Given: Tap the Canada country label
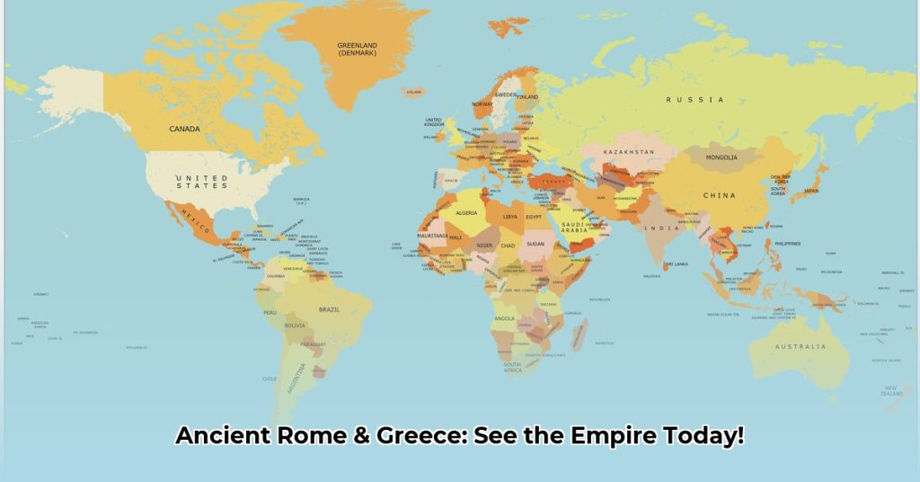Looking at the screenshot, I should [185, 129].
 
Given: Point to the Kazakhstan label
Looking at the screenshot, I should [629, 152].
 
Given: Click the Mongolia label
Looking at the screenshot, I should [721, 157].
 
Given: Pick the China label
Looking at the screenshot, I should [719, 195].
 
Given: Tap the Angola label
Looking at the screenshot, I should [504, 317].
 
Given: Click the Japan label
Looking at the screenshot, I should [810, 191].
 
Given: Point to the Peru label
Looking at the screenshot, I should [270, 312].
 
